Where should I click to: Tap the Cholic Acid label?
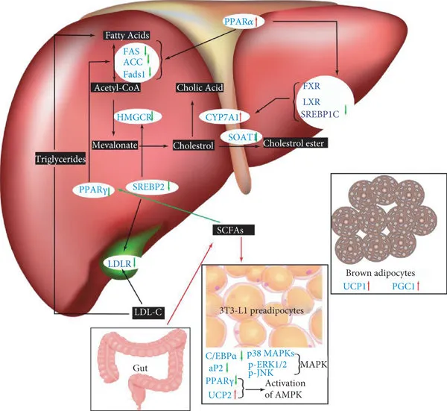click(200, 87)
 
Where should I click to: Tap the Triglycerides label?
click(59, 159)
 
